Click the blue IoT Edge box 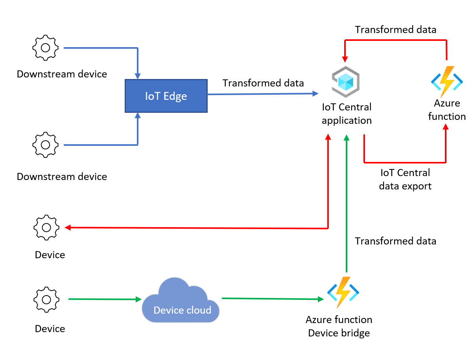point(166,96)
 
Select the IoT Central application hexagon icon point(345,82)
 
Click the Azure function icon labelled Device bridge point(343,292)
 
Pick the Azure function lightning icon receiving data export point(447,82)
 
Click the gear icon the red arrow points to point(46,228)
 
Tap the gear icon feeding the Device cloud point(46,299)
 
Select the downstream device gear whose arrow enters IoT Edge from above point(45,48)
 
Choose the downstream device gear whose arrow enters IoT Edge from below point(45,144)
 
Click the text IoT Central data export point(405,179)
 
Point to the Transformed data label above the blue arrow point(263,83)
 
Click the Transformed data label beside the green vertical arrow point(395,241)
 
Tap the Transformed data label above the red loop point(395,30)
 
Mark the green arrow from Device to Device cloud point(105,299)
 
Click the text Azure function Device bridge point(339,327)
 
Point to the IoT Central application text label point(347,114)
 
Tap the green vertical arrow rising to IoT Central point(347,204)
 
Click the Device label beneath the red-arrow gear point(50,255)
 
